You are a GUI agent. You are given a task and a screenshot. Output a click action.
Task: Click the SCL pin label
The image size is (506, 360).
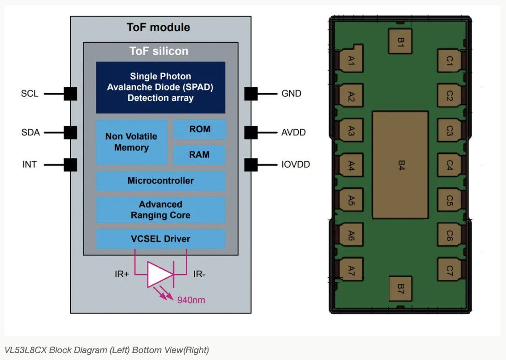[x=29, y=94]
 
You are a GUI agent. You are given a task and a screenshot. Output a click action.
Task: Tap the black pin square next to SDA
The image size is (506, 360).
[x=70, y=132]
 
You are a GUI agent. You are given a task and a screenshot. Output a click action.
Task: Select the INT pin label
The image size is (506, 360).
[x=29, y=164]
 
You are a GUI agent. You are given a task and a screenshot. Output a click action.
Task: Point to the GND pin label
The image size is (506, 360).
[x=291, y=94]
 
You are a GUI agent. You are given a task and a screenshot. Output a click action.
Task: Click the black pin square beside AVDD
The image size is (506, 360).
[x=251, y=132]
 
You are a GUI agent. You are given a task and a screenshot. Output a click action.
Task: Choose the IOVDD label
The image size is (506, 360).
[x=295, y=164]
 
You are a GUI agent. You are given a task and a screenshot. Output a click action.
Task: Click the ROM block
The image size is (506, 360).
[x=200, y=129]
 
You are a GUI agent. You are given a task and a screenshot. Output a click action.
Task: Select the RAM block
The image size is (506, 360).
[x=200, y=155]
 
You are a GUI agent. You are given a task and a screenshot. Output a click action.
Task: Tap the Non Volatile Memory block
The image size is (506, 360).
[x=131, y=142]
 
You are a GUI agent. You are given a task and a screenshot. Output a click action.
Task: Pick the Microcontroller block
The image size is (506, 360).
[x=161, y=181]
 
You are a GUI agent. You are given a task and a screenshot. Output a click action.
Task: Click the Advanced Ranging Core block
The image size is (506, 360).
[x=161, y=210]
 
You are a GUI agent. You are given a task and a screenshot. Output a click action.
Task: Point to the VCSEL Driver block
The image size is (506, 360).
[x=161, y=239]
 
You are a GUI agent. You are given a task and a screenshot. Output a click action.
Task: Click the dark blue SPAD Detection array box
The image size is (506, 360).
[x=161, y=87]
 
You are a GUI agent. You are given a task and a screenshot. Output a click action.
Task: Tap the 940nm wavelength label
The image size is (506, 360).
[x=191, y=300]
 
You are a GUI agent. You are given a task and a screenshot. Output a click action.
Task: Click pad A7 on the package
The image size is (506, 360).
[x=351, y=271]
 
